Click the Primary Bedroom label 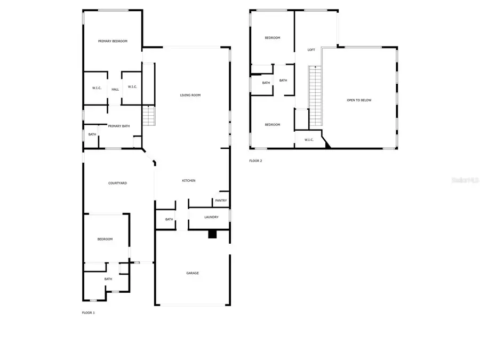113,41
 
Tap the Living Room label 190,95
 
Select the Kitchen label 189,181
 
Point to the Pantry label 221,201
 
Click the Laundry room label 211,217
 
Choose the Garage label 193,273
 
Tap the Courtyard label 117,183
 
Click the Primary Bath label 119,126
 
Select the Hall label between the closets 115,89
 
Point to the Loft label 311,50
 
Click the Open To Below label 359,100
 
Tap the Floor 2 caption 255,161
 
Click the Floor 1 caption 88,313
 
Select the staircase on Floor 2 316,96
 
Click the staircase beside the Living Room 149,115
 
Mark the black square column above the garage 212,234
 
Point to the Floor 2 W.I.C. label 309,140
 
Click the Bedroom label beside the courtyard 105,239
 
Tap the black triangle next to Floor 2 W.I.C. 327,142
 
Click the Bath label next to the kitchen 169,219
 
